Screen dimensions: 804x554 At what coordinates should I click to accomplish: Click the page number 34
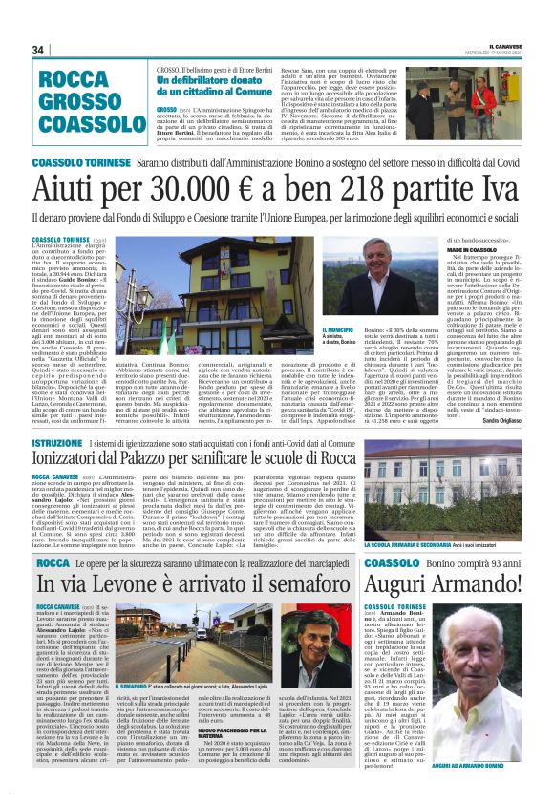38,50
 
